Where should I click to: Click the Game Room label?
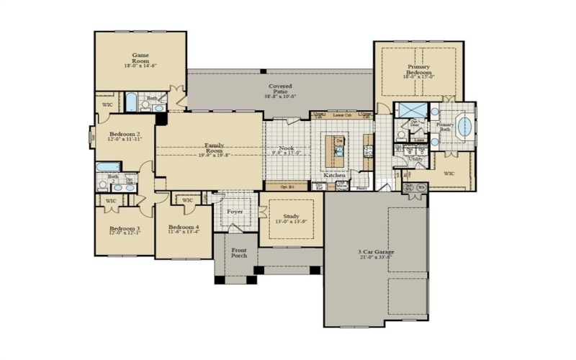[140, 55]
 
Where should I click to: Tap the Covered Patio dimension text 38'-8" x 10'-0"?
[281, 96]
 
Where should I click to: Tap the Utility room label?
[415, 158]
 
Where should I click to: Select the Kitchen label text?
[334, 176]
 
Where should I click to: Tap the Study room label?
[291, 216]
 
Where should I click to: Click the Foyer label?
[235, 212]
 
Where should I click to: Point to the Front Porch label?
[238, 253]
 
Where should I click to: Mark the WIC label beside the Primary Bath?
[449, 174]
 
